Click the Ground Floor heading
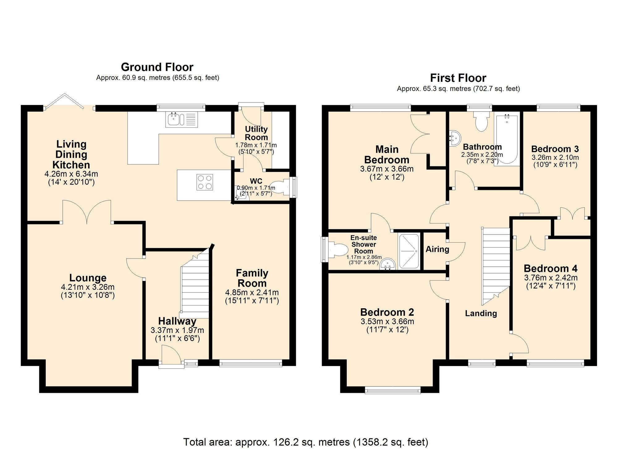(x=157, y=67)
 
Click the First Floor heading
(x=458, y=78)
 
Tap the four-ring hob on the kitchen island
(x=205, y=182)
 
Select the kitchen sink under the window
(x=181, y=120)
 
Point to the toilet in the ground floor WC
(x=281, y=187)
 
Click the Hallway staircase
(x=195, y=287)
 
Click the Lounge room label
(x=88, y=278)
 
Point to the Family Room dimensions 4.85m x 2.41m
(x=252, y=292)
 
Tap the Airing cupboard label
(x=437, y=249)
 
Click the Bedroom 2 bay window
(x=392, y=390)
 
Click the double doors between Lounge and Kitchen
(x=87, y=212)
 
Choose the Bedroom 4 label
(x=550, y=268)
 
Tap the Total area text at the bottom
(x=306, y=442)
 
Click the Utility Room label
(x=256, y=133)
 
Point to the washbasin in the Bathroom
(x=455, y=138)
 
